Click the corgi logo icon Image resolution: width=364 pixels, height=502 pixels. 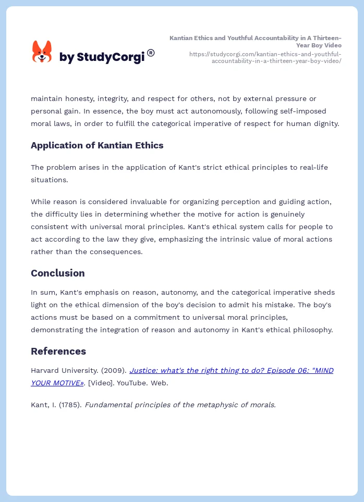tap(42, 52)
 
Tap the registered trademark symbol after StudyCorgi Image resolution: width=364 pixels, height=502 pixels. tap(151, 53)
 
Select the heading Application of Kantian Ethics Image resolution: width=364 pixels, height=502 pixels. tap(97, 145)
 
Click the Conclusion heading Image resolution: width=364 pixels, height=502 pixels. tap(57, 273)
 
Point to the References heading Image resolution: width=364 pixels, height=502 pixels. tap(58, 351)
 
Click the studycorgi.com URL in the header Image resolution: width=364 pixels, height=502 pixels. tap(265, 57)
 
